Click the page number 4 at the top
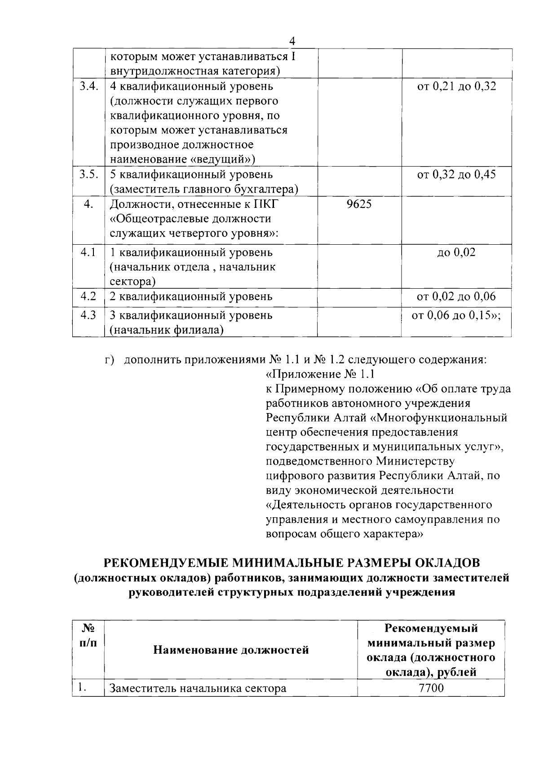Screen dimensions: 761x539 click(292, 41)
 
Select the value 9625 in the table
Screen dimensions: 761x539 click(359, 204)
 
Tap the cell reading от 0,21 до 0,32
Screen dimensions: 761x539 click(456, 86)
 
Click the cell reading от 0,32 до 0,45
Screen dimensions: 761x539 click(456, 174)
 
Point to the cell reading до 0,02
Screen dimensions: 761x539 click(456, 252)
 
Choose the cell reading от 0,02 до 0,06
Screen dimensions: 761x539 click(456, 296)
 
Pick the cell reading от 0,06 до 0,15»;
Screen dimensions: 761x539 click(456, 315)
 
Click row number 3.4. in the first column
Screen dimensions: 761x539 click(89, 86)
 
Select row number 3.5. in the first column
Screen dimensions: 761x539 click(89, 174)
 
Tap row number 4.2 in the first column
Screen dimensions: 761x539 click(88, 296)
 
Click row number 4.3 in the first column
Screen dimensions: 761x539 click(88, 315)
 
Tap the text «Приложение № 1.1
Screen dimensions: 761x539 click(320, 374)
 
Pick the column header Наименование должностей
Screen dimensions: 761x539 click(231, 650)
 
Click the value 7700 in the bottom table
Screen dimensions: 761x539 click(431, 688)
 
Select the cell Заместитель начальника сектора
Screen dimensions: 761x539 click(198, 688)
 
